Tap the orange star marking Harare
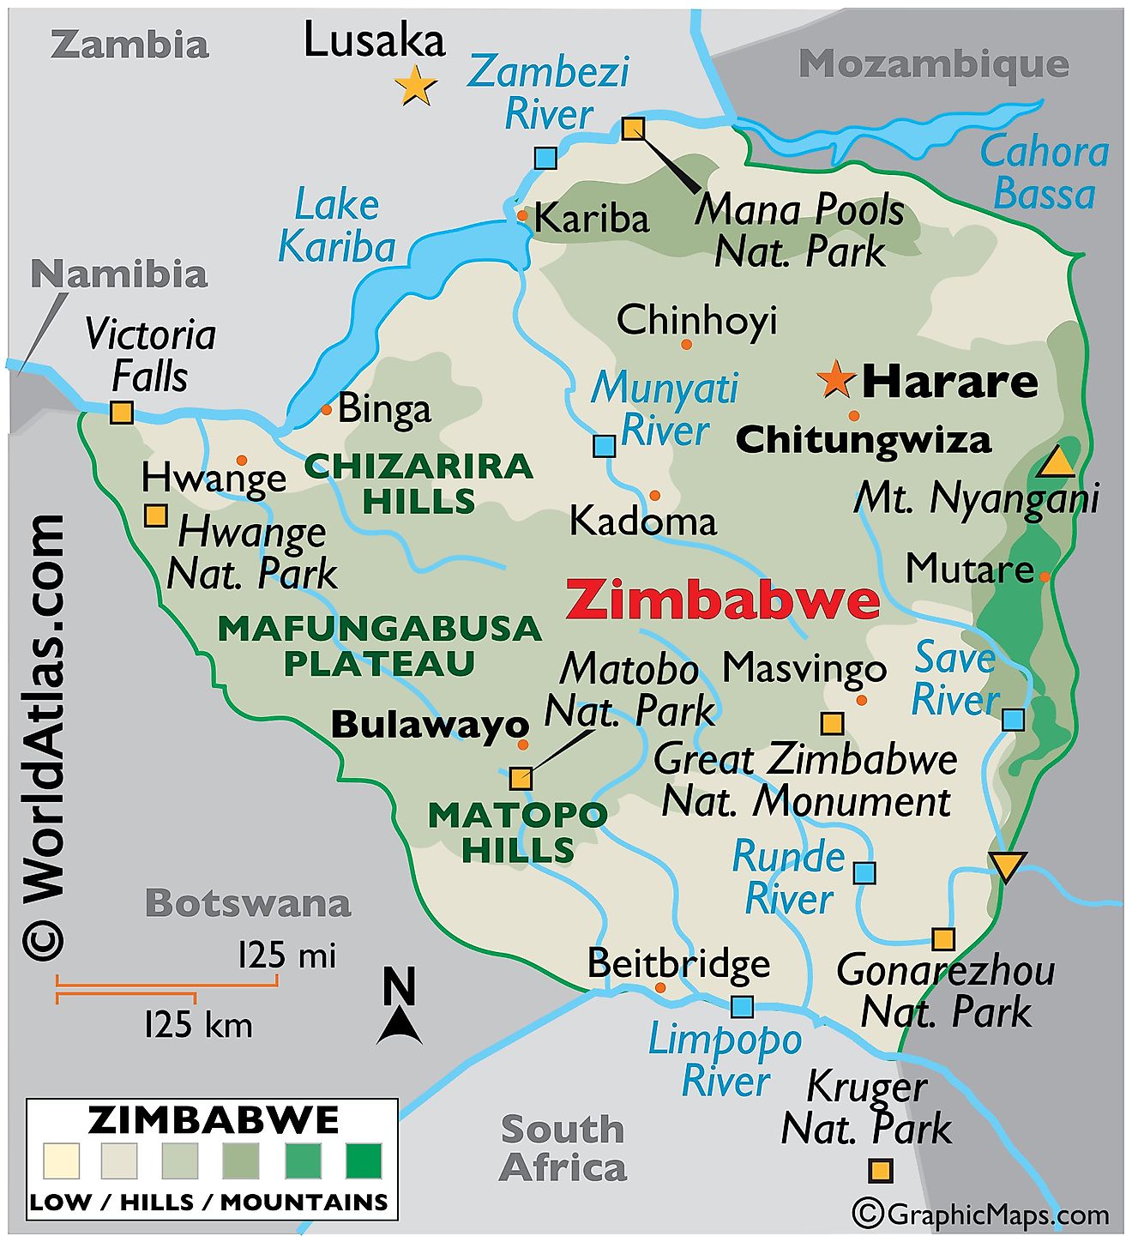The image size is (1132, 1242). [835, 379]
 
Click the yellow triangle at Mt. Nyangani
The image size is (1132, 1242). [1056, 463]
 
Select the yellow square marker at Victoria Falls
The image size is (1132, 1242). [122, 413]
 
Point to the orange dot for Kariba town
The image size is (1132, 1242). [522, 215]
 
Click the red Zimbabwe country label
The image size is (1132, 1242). [722, 600]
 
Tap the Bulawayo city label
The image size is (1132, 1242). [430, 726]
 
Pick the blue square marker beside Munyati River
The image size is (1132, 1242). [605, 446]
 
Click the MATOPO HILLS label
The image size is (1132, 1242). [518, 832]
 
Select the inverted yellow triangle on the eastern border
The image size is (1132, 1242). [1007, 865]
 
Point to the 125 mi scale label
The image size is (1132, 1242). [286, 956]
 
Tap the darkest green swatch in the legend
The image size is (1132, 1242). [364, 1161]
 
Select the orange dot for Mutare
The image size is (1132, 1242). [1045, 577]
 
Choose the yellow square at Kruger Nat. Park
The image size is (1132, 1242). [881, 1171]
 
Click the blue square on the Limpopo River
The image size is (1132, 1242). [742, 1007]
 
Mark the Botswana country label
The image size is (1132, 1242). [248, 903]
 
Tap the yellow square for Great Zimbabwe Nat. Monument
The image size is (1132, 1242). [832, 723]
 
